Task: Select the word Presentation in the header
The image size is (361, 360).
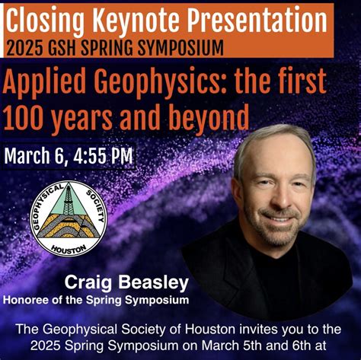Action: tap(254, 18)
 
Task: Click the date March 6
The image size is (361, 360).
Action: tap(38, 157)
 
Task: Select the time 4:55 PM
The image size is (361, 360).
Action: tap(105, 157)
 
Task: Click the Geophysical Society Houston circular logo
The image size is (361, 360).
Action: tap(68, 219)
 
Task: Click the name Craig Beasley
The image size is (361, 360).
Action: tap(126, 283)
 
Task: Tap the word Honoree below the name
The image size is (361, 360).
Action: tap(30, 299)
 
